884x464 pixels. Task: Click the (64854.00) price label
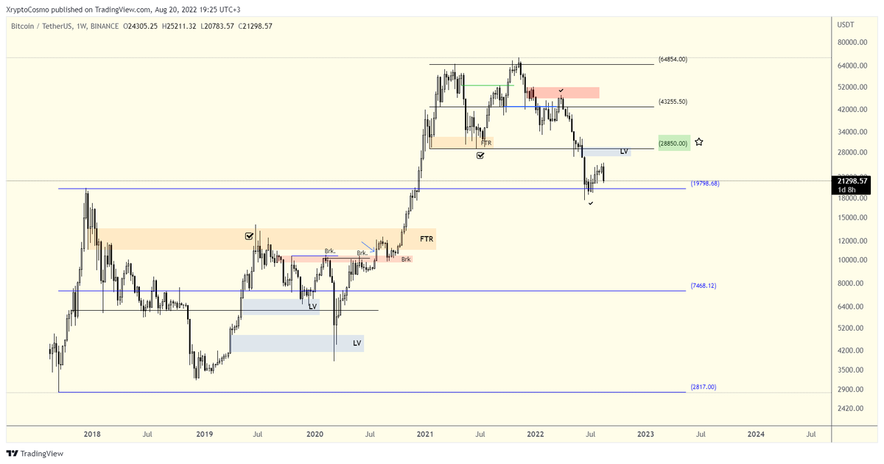pos(673,59)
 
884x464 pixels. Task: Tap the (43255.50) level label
pos(673,102)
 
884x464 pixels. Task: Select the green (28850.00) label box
pos(674,143)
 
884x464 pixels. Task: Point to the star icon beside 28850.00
pos(699,141)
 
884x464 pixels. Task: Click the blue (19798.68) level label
pos(704,183)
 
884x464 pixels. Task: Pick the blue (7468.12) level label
pos(703,285)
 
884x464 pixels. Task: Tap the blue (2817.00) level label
pos(703,387)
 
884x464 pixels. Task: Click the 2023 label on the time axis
pos(645,434)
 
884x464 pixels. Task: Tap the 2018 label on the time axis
pos(92,434)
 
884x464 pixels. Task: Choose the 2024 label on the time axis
pos(755,434)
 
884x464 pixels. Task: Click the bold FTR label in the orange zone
pos(427,239)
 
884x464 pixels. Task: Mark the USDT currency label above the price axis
pos(846,25)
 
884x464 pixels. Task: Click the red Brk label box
pos(406,259)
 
